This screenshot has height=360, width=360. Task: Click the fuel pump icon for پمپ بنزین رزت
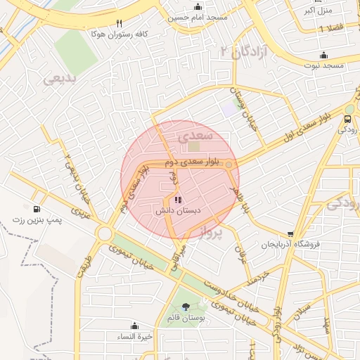(x=36, y=209)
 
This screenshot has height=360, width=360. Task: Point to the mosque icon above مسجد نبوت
(x=323, y=55)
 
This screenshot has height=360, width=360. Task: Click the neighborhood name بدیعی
(x=62, y=78)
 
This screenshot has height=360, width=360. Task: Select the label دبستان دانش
(x=177, y=210)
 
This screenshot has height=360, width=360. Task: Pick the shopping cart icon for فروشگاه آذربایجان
(x=291, y=234)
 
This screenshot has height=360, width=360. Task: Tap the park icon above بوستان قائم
(x=186, y=307)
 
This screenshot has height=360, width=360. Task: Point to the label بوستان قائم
(x=186, y=318)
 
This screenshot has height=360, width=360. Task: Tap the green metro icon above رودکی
(x=349, y=118)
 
